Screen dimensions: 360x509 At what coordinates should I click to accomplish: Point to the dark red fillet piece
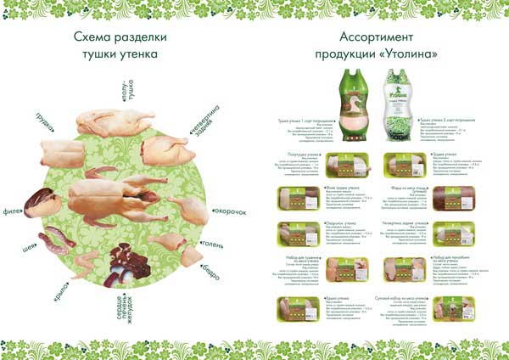[x=41, y=203]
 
